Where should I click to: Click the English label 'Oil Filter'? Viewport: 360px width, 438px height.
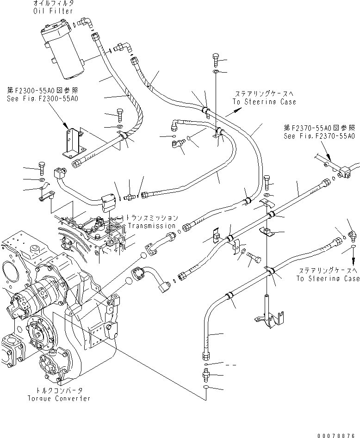point(53,11)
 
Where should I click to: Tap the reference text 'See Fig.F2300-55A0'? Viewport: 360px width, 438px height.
point(42,99)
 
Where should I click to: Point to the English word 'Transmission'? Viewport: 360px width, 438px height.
point(152,226)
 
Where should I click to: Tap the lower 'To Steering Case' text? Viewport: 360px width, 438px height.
point(328,278)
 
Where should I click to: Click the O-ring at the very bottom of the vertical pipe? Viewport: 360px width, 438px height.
point(206,388)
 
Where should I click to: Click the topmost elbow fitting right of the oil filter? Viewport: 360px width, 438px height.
point(84,21)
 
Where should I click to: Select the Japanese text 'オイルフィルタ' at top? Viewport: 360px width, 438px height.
point(53,4)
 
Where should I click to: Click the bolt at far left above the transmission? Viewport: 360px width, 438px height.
point(40,168)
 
